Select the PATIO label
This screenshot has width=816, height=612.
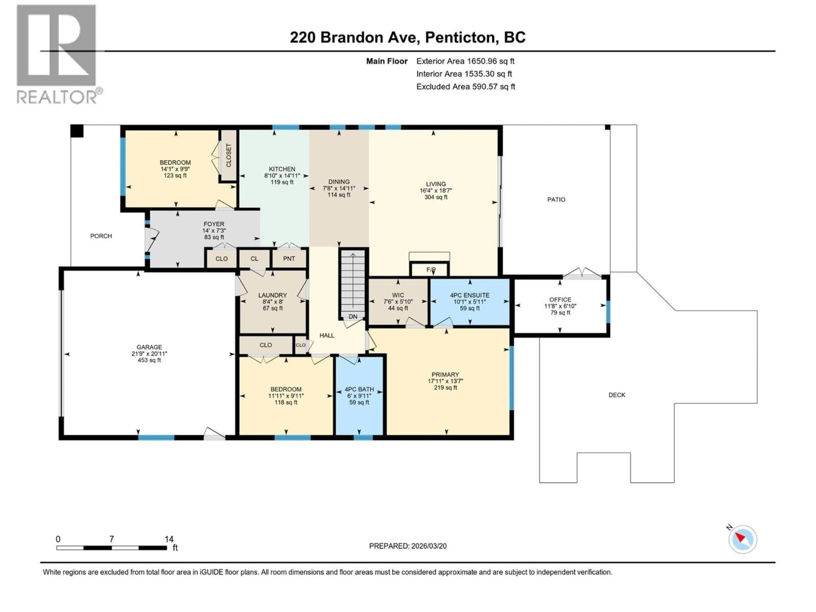(556, 200)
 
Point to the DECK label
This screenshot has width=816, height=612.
(617, 395)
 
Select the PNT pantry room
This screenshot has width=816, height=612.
(289, 259)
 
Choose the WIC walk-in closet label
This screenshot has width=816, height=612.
(398, 295)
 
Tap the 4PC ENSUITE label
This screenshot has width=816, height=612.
(470, 295)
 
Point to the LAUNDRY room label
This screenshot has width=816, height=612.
(272, 295)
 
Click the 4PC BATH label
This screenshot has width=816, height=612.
(359, 389)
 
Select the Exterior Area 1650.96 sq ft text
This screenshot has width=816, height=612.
(465, 61)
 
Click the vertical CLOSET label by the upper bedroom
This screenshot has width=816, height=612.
(228, 155)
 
